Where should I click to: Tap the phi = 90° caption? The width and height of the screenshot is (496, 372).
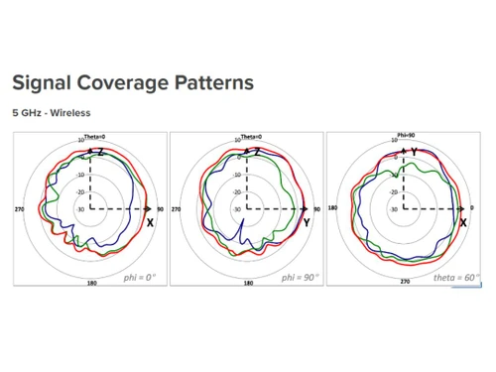click(298, 277)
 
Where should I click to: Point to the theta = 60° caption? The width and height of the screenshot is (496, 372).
click(455, 277)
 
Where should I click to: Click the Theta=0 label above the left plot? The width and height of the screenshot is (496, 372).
click(91, 135)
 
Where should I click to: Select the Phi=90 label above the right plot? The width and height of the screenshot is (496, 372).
click(405, 135)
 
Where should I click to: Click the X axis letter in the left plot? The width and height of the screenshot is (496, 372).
click(151, 223)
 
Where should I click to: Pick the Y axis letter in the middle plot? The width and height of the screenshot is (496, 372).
click(307, 223)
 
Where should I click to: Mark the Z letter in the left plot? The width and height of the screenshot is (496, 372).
click(100, 152)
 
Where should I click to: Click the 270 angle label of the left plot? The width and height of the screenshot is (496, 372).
click(19, 210)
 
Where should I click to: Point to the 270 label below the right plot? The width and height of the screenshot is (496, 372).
click(405, 282)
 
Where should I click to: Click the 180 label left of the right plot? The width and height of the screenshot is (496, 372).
click(333, 209)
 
